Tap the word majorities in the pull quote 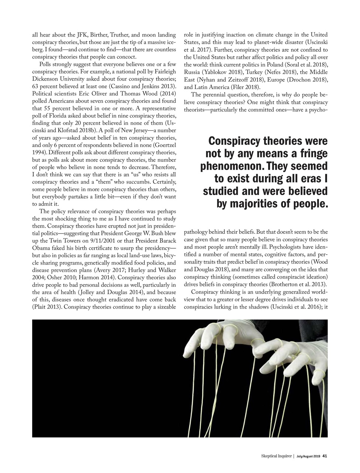(263, 203)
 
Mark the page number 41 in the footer (325, 456)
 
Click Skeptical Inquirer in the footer (274, 456)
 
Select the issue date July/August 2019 (308, 456)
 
